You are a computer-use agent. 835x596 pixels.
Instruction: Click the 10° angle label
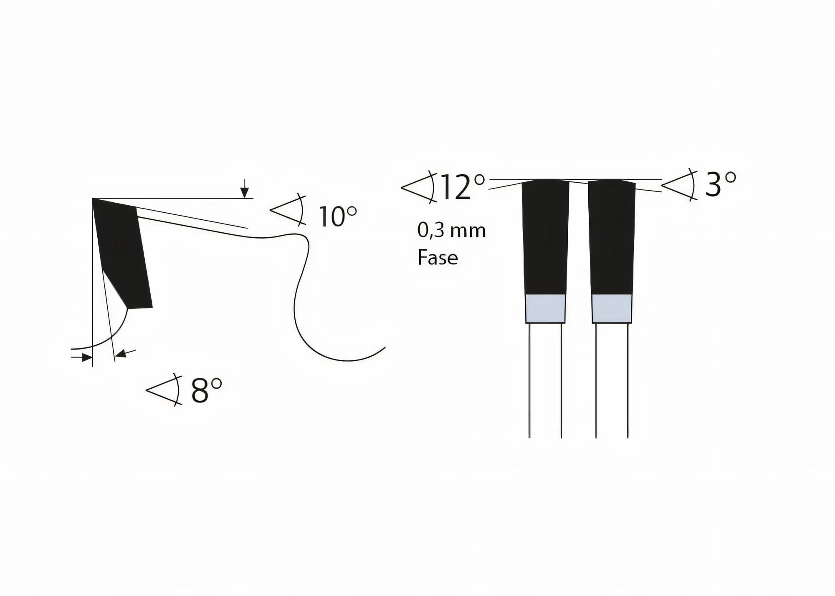pos(337,216)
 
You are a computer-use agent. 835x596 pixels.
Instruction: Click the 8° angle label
pos(206,390)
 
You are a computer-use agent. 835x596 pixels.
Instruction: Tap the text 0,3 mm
pos(451,231)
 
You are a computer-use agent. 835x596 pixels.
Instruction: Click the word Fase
pos(438,257)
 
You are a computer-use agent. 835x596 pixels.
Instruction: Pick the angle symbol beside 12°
pos(419,187)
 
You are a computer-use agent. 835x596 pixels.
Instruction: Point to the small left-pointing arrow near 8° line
pos(124,354)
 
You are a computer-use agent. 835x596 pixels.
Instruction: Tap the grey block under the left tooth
pos(545,309)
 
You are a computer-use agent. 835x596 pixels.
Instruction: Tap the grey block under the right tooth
pos(612,309)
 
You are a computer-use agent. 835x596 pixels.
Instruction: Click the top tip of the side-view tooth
pos(94,200)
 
